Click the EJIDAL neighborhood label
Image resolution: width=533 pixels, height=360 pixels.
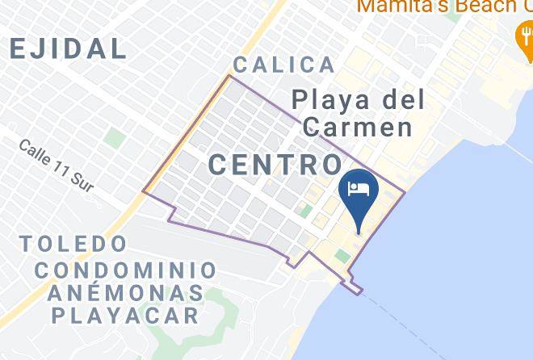68,48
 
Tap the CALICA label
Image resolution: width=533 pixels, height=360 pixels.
283,65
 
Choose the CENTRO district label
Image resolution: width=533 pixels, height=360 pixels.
275,165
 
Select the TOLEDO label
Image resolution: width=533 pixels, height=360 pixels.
73,244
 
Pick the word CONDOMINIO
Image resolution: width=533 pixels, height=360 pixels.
125,270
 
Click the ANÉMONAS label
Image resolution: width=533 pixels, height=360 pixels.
124,292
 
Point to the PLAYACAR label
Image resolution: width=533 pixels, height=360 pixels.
125,315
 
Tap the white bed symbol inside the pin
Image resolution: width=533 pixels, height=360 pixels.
359,189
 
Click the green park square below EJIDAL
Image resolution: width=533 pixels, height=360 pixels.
115,138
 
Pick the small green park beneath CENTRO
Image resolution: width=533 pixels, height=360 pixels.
305,211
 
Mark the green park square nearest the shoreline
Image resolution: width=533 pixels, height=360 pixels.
342,256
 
